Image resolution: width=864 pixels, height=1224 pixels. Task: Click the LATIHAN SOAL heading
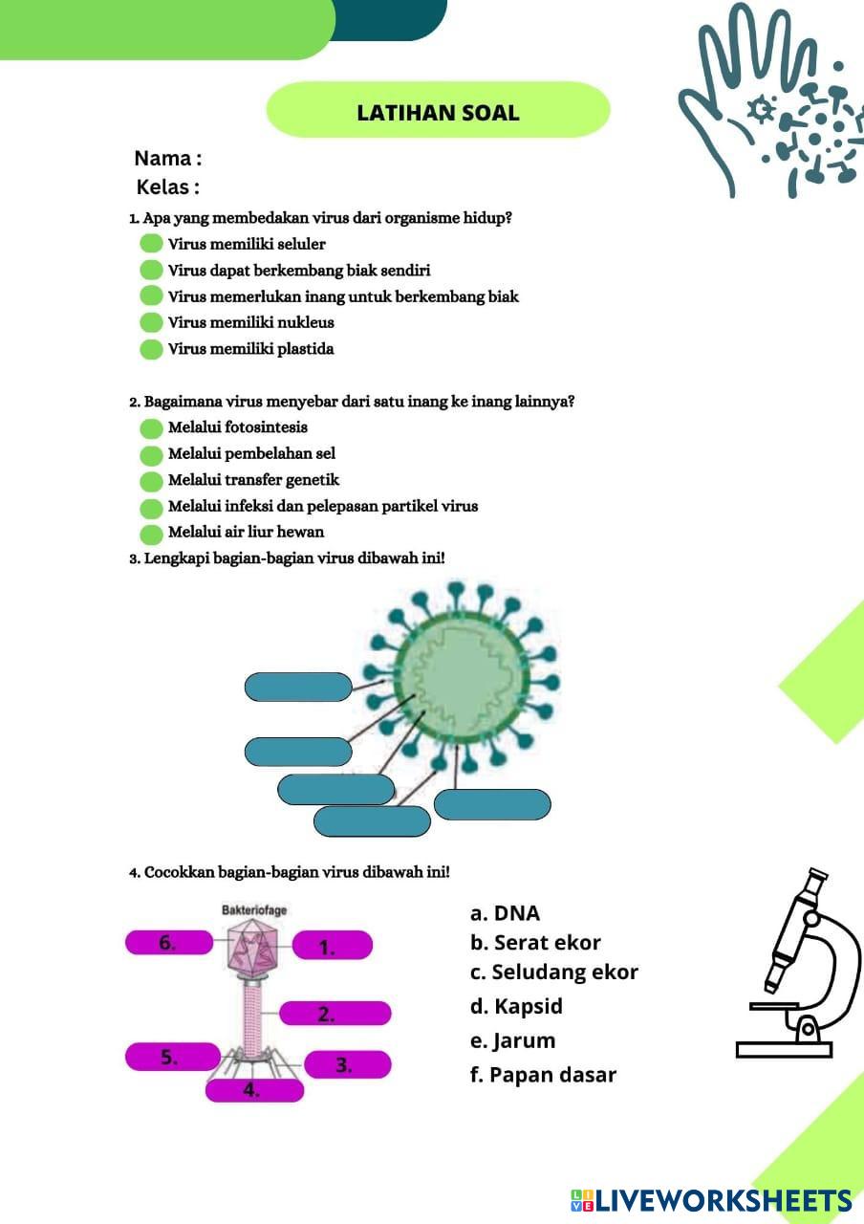pos(438,112)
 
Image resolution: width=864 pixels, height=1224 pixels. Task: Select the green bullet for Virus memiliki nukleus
pos(151,322)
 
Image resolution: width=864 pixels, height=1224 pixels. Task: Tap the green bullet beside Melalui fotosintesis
pos(151,427)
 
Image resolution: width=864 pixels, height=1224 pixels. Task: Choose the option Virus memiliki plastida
pos(250,349)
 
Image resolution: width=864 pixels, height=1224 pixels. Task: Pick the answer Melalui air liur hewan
pos(246,532)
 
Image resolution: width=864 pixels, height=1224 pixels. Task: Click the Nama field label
pos(167,158)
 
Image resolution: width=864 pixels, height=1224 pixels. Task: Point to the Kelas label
pos(168,186)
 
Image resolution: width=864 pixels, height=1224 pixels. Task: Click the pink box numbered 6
pos(168,942)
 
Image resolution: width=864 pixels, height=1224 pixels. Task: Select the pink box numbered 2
pos(335,1014)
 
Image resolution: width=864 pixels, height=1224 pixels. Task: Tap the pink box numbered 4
pos(254,1089)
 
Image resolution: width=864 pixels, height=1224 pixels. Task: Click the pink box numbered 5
pos(172,1057)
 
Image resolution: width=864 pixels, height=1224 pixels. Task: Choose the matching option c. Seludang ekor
pos(553,973)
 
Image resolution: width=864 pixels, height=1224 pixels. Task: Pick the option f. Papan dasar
pos(543,1075)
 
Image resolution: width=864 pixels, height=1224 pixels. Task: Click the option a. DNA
pos(505,913)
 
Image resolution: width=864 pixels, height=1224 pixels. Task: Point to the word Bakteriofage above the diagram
pos(253,910)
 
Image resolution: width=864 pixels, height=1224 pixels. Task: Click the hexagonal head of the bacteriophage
pos(253,948)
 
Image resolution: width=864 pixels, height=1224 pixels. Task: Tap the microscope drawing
pos(798,966)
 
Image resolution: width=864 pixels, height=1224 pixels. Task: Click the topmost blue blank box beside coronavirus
pos(298,687)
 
